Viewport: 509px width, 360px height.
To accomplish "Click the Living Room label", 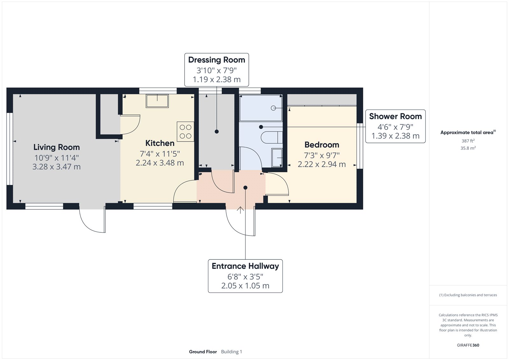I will pyautogui.click(x=57, y=147).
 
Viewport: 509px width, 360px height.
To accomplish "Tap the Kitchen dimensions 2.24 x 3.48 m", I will pyautogui.click(x=160, y=163).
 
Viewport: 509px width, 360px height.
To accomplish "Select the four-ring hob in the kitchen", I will pyautogui.click(x=185, y=132).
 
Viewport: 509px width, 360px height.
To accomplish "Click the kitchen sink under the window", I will pyautogui.click(x=157, y=101).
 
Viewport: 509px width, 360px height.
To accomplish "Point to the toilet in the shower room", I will pyautogui.click(x=270, y=138).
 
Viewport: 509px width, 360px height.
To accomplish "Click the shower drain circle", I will pyautogui.click(x=273, y=108).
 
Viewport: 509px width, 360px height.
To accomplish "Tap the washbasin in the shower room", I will pyautogui.click(x=277, y=157).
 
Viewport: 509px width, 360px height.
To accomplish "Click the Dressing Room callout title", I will pyautogui.click(x=217, y=60).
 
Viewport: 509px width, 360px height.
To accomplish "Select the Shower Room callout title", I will pyautogui.click(x=395, y=116).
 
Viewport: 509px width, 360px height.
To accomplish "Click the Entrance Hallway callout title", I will pyautogui.click(x=245, y=266).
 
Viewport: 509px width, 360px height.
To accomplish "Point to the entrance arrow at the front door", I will pyautogui.click(x=241, y=210).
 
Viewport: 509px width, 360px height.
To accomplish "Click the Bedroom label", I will pyautogui.click(x=322, y=145).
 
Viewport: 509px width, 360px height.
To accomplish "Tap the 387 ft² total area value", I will pyautogui.click(x=468, y=141).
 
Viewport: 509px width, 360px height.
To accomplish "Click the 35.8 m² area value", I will pyautogui.click(x=468, y=148).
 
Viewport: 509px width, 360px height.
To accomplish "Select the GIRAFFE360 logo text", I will pyautogui.click(x=468, y=345).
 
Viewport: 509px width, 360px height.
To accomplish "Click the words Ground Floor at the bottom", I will pyautogui.click(x=203, y=352).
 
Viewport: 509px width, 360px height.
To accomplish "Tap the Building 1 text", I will pyautogui.click(x=232, y=352).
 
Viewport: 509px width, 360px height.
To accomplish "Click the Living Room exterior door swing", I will pyautogui.click(x=92, y=221).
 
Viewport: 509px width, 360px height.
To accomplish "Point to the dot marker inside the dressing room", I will pyautogui.click(x=217, y=131).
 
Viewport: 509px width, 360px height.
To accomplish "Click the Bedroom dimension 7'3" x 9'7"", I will pyautogui.click(x=322, y=155).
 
